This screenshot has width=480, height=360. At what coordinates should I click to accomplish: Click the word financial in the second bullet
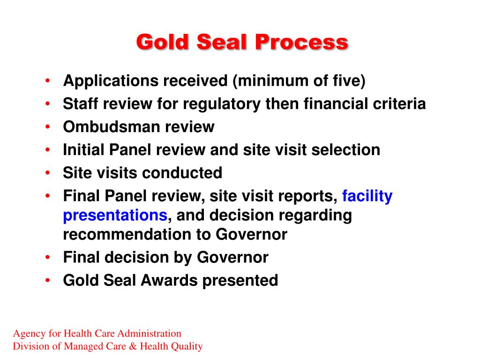(336, 104)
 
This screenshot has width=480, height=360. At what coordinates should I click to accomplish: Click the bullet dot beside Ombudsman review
(47, 127)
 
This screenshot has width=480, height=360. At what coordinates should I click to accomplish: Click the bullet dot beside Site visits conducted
(47, 172)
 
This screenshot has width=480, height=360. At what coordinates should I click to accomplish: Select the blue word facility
(367, 196)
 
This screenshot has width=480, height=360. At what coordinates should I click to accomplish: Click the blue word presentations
(115, 216)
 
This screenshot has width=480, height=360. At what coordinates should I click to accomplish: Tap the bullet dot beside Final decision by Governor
(47, 257)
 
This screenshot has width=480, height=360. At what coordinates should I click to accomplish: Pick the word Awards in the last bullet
(169, 280)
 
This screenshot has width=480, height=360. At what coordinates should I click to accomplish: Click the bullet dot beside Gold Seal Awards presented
(47, 280)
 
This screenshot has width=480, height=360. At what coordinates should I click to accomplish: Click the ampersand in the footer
(133, 346)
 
